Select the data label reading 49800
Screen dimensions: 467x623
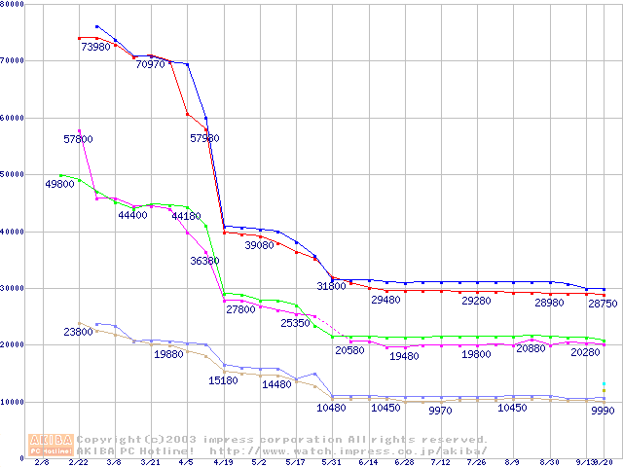pyautogui.click(x=59, y=184)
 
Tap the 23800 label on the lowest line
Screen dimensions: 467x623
pyautogui.click(x=78, y=332)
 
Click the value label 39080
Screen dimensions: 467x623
pyautogui.click(x=259, y=246)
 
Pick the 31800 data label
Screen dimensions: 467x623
pyautogui.click(x=331, y=286)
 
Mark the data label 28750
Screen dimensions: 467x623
pyautogui.click(x=602, y=304)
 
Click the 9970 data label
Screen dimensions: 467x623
pyautogui.click(x=441, y=412)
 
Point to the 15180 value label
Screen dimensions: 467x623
pyautogui.click(x=223, y=380)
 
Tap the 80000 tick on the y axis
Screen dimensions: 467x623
pyautogui.click(x=14, y=5)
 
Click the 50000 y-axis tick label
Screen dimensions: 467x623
pyautogui.click(x=14, y=174)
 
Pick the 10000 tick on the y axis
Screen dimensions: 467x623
pyautogui.click(x=14, y=401)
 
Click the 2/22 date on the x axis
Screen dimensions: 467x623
pyautogui.click(x=80, y=463)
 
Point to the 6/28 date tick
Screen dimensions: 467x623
pyautogui.click(x=405, y=463)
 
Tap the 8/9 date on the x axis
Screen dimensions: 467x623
pyautogui.click(x=513, y=463)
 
